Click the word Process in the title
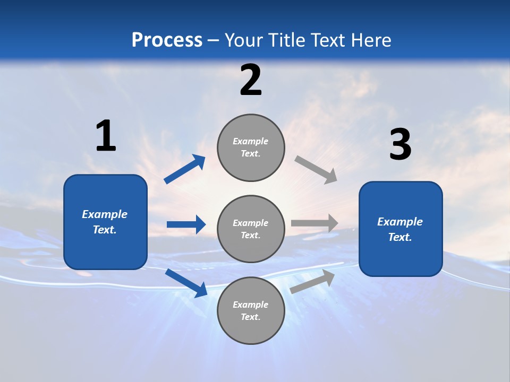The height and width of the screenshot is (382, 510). pos(167,40)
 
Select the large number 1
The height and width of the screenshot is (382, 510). pos(106,136)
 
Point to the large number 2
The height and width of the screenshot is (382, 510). pos(251,81)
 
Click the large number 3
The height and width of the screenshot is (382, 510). pos(400,145)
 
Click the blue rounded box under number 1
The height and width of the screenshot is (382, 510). pos(105,222)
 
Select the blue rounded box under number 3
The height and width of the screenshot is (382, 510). pos(401,229)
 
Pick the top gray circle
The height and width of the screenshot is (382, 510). pos(251,147)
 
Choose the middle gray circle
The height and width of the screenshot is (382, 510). pos(251,229)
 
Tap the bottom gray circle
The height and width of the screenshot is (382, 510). pos(251,310)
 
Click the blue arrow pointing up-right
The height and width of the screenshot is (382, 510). pos(185,169)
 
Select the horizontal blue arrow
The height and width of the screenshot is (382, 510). pos(186,224)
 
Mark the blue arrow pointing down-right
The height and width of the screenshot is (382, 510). pos(186,283)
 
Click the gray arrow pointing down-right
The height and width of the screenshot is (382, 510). pos(316,169)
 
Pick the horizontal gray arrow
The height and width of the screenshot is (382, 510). pos(314,223)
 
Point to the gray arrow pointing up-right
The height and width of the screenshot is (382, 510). pos(312,281)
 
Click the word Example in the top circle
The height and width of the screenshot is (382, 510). pos(251,141)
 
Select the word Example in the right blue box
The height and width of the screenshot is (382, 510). pos(400,222)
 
